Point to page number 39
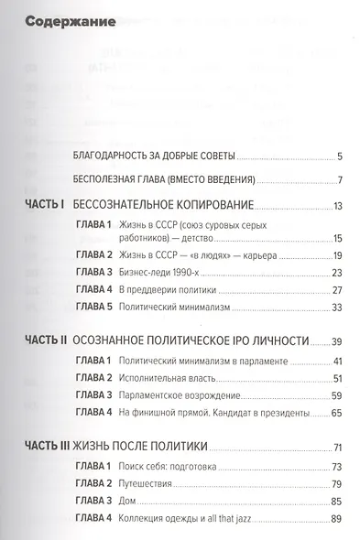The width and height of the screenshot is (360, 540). (x=336, y=340)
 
